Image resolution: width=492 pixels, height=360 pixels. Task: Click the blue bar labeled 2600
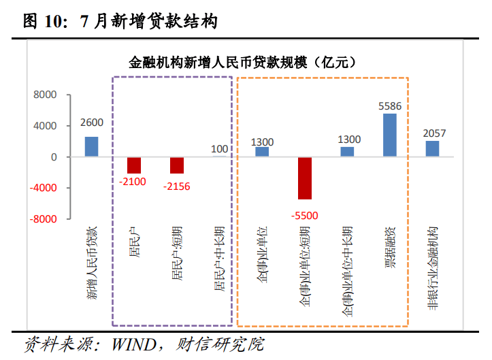pos(91,146)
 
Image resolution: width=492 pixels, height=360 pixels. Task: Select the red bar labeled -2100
pos(134,165)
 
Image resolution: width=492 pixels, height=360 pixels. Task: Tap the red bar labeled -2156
pos(177,165)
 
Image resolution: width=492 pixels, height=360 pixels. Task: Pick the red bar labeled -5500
pos(304,178)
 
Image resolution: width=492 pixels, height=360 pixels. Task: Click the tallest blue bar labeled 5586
pos(390,135)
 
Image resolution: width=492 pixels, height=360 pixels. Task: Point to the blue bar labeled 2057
pos(433,148)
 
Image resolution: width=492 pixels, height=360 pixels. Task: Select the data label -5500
pos(304,216)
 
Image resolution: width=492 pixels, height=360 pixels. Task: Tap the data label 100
pos(220,149)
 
